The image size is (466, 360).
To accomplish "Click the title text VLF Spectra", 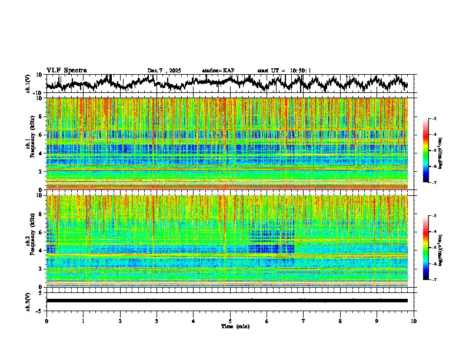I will coord(66,70).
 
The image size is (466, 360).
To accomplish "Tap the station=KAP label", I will coord(218,71).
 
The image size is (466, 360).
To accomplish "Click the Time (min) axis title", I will coord(235,326).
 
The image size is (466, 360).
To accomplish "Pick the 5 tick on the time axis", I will coord(230,321).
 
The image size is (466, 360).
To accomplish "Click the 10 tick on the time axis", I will coord(414,321).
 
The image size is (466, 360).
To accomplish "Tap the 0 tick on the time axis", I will coord(46,321).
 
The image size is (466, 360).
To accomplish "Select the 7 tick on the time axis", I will coord(304,321).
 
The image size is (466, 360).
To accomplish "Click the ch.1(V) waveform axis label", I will coord(28,84).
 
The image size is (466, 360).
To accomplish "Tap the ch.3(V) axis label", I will coord(28,300).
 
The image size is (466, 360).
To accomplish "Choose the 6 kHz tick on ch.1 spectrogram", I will coord(41,135).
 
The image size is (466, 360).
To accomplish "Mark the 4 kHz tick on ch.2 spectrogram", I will coord(41,251).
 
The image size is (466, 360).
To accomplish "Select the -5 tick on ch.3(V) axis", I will coord(40,309).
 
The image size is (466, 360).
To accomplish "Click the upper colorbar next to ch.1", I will coord(431,151).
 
